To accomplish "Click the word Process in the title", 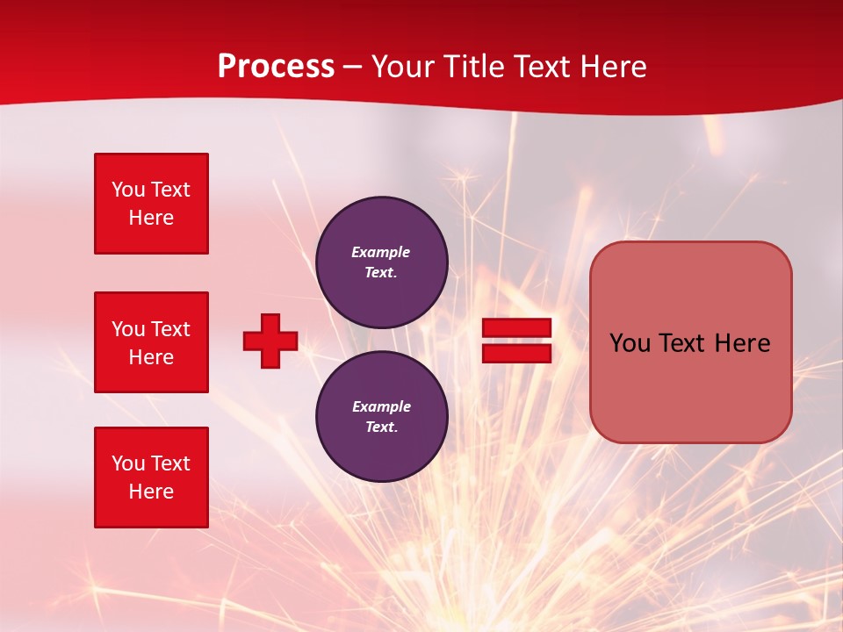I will [276, 67].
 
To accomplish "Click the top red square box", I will [151, 204].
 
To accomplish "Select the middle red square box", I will [151, 342].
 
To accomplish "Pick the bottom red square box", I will [151, 478].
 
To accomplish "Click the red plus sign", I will [270, 341].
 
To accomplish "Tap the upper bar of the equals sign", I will [516, 328].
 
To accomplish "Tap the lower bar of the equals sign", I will [516, 353].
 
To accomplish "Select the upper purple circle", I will [381, 262].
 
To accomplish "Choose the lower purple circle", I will [381, 416].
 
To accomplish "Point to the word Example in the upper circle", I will [380, 252].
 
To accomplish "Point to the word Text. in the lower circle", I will [381, 427].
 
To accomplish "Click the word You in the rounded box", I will [630, 343].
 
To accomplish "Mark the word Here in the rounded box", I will [742, 343].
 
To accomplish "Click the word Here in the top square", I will [151, 218].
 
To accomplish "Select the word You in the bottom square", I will [128, 463].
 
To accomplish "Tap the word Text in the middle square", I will [170, 329].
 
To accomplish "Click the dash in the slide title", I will [352, 67].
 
